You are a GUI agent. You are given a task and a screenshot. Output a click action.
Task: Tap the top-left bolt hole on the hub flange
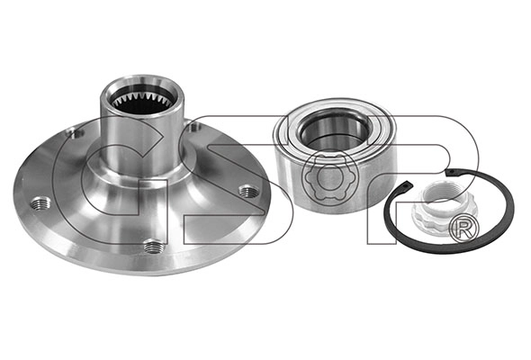coord(76,132)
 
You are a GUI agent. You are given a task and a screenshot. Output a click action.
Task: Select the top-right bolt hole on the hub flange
coord(194,128)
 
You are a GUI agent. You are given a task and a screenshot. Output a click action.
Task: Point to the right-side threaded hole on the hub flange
coord(249,192)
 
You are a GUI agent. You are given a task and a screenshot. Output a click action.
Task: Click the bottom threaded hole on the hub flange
coord(154,247)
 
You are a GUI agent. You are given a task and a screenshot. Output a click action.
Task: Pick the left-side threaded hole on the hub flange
coord(40,204)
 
